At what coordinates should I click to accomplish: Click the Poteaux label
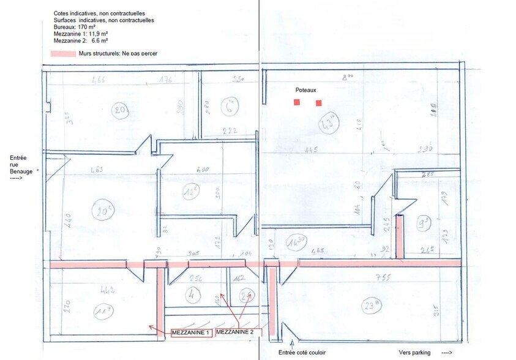306,89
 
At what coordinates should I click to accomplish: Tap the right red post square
318,103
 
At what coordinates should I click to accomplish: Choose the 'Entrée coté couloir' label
302,352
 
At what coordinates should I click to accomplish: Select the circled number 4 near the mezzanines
192,293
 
